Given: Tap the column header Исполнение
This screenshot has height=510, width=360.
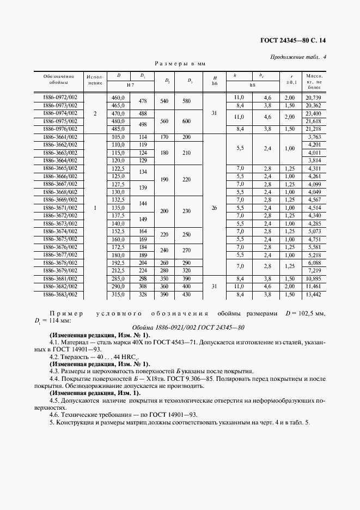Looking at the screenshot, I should (x=95, y=80).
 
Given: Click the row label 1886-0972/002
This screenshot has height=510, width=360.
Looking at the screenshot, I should (x=60, y=97).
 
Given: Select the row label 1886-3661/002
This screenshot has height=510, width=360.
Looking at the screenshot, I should (x=60, y=137).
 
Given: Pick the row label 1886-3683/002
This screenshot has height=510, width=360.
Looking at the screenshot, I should (x=60, y=295).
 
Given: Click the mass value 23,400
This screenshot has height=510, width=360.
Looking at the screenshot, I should (x=314, y=113).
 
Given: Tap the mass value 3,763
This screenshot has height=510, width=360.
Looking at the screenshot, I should (x=315, y=137).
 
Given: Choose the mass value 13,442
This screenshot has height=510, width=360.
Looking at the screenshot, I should (x=314, y=295).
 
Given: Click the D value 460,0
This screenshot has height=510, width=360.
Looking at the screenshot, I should (x=118, y=97).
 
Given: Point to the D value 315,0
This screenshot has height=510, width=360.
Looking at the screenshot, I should (x=118, y=295).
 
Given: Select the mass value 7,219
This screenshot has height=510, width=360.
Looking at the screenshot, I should (x=315, y=270).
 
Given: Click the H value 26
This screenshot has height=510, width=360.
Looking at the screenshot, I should (x=215, y=208).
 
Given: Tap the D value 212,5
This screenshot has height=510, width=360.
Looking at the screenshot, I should (x=118, y=270).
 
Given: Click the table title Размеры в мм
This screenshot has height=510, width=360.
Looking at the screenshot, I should (x=180, y=64).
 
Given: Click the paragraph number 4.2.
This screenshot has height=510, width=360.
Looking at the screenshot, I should (x=54, y=356).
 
